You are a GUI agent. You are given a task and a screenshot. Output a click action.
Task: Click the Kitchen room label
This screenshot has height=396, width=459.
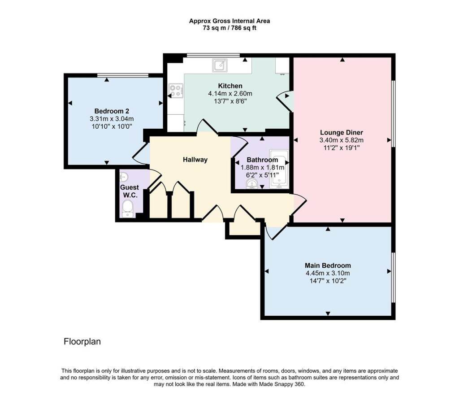tap(230, 86)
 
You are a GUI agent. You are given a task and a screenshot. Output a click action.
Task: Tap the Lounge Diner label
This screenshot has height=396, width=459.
tap(341, 132)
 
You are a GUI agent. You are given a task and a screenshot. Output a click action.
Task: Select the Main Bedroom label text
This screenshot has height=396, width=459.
tap(328, 265)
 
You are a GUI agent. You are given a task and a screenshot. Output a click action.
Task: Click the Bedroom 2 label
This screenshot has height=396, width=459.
tap(112, 111)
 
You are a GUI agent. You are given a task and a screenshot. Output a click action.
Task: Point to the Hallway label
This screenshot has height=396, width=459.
tap(195, 159)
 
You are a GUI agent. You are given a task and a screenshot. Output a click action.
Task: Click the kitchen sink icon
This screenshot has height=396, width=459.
tap(220, 65)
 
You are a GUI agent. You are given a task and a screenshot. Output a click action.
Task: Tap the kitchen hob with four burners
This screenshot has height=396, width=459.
tap(175, 91)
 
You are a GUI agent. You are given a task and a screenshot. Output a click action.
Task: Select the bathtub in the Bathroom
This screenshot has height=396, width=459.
tap(281, 171)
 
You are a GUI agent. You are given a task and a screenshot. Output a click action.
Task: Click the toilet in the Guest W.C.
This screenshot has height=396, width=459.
tap(128, 208)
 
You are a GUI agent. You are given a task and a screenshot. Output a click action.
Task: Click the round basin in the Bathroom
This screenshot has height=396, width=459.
tap(252, 184)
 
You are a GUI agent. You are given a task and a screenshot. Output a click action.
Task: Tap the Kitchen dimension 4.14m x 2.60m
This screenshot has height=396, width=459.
tap(230, 94)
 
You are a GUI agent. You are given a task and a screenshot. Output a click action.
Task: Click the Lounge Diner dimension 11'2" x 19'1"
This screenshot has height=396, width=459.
tap(341, 147)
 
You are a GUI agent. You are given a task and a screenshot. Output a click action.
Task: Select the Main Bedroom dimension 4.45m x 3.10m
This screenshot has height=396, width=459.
tap(328, 273)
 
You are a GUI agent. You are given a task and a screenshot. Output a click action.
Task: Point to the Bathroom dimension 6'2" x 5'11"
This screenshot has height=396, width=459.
tap(262, 175)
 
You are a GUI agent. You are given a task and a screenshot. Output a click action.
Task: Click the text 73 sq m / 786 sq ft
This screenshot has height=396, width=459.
tap(229, 28)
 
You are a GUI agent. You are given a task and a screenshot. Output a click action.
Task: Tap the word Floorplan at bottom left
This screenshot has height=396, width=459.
tap(82, 342)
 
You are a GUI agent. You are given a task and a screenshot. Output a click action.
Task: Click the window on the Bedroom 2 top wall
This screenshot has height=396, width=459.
tap(123, 75)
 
